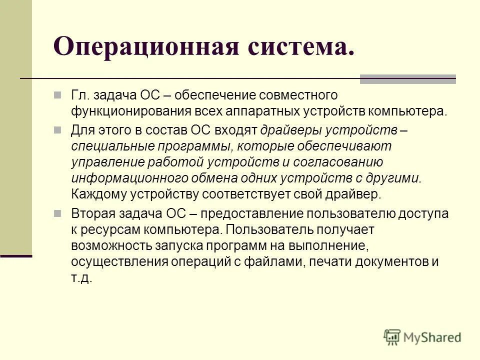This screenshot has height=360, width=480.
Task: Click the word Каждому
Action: (94, 194)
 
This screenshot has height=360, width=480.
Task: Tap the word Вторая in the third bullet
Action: (92, 213)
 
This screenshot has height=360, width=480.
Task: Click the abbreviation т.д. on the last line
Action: (81, 277)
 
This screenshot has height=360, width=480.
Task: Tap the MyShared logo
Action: (422, 337)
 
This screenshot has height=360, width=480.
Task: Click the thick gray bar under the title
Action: (408, 78)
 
